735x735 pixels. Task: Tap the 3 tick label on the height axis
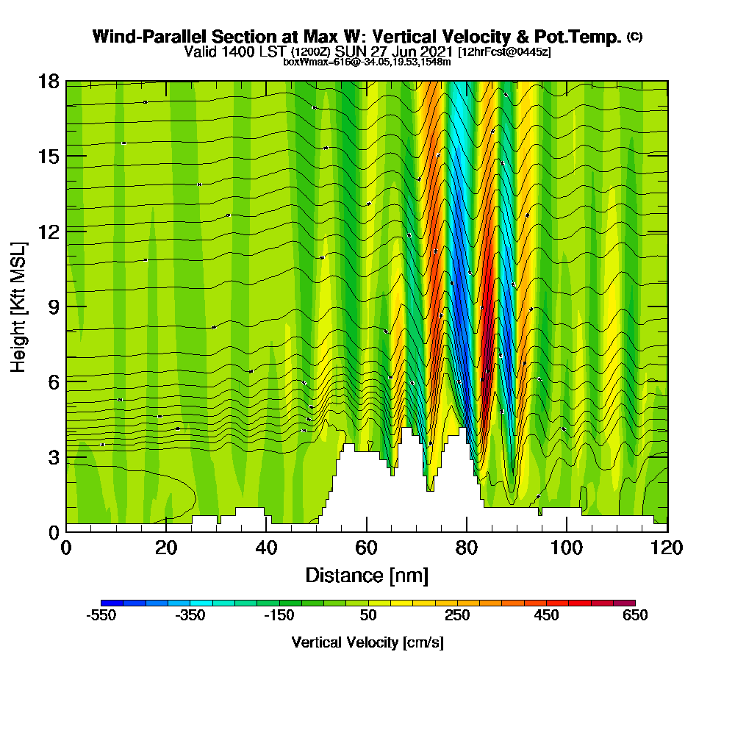point(53,456)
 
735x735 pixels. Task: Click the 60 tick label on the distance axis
point(366,548)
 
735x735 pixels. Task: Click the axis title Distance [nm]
point(367,575)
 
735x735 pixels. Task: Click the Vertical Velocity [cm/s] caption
point(367,642)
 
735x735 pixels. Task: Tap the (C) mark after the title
point(634,37)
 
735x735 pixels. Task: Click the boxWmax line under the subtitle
point(367,62)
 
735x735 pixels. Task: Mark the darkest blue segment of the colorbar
point(112,603)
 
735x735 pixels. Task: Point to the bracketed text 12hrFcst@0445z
point(503,52)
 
